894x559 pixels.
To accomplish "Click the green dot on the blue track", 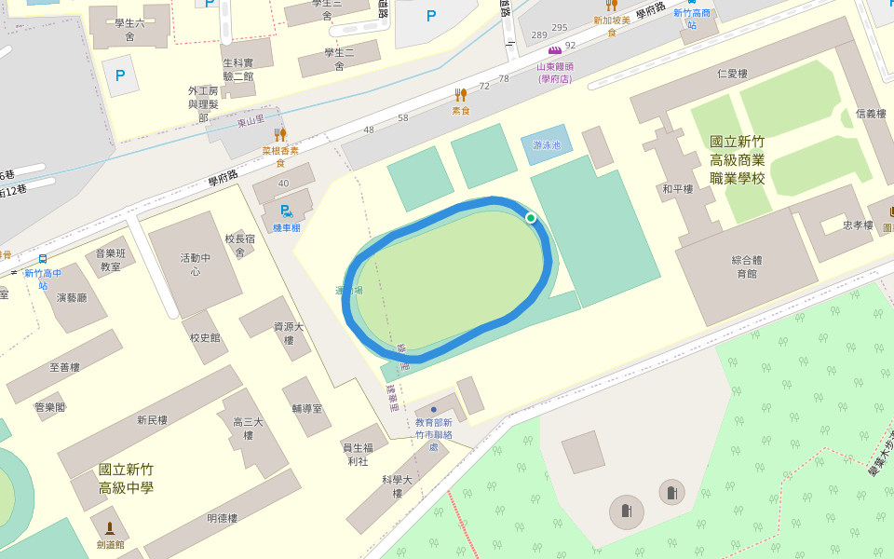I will pos(531,218).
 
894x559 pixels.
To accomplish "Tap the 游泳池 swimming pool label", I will pos(546,145).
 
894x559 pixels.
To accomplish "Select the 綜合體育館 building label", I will pos(746,267).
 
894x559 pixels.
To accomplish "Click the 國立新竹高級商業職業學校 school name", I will pos(737,159).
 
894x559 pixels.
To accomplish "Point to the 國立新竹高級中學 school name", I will pos(126,479).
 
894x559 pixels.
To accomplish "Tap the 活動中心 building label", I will pos(196,265).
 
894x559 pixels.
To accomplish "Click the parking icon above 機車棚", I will pos(286,211).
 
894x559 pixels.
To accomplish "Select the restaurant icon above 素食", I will pos(460,95).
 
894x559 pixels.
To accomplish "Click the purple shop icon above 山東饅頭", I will pos(555,50).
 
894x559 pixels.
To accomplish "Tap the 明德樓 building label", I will pos(223,518).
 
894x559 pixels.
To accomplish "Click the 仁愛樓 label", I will pos(733,74).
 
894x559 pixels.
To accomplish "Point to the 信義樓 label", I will pos(871,114).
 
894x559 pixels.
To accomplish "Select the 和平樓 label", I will pos(677,189).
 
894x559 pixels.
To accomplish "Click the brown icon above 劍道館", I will pos(109,528).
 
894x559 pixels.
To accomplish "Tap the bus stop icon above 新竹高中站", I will pos(43,259).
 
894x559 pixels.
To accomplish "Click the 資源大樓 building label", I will pos(289,334).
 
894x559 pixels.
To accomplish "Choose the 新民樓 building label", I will pos(152,420).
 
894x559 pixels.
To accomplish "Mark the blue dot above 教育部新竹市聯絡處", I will pos(434,409).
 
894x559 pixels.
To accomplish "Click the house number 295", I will pos(560,28).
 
